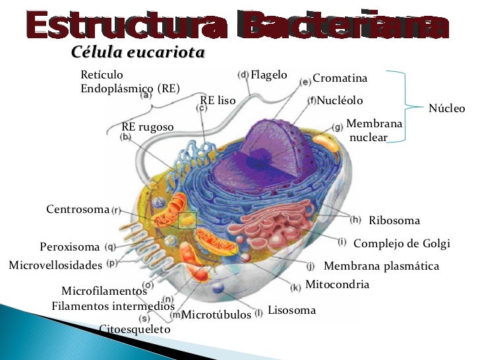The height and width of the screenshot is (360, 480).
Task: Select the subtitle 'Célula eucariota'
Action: (x=137, y=53)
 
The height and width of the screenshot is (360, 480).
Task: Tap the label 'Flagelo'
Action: (x=269, y=75)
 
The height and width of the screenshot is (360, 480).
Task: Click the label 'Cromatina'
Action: (x=340, y=78)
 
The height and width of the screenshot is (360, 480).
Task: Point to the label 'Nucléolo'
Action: (x=340, y=101)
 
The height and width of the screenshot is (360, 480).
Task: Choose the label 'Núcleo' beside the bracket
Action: (x=447, y=108)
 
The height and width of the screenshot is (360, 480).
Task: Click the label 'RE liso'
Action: (x=218, y=100)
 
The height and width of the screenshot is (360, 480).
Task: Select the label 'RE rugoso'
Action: (x=148, y=127)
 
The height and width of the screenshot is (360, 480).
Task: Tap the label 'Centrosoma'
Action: (x=77, y=210)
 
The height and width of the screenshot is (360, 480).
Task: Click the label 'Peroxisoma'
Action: (x=69, y=247)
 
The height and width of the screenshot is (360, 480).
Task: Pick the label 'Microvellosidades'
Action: (x=55, y=266)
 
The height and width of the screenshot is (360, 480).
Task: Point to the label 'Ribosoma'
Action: (x=394, y=220)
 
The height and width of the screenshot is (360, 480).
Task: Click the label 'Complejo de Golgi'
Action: (x=402, y=243)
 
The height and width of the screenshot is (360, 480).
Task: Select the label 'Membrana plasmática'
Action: (x=381, y=266)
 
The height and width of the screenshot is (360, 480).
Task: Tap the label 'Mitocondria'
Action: (x=338, y=285)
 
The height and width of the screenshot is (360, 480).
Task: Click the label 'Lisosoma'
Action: (x=291, y=310)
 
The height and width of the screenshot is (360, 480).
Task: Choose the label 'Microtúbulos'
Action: (x=216, y=315)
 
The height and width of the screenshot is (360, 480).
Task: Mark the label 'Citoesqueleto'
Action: (x=135, y=329)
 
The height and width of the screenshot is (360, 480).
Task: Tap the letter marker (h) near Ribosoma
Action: (x=355, y=219)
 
